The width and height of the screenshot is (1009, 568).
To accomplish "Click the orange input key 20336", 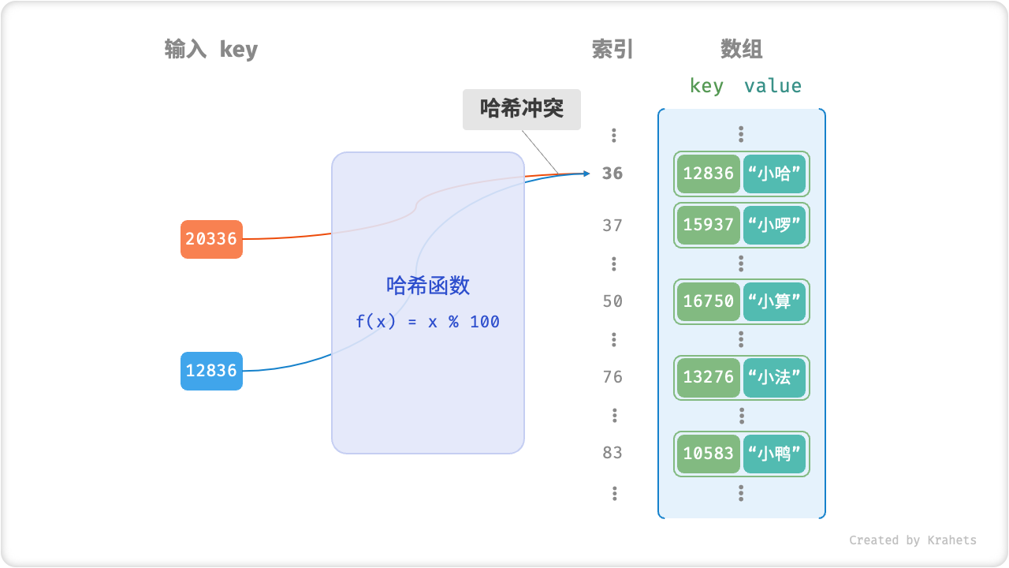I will [211, 239].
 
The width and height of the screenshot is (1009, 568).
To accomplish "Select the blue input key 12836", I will [211, 371].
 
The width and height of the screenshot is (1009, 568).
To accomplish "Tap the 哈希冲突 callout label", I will [522, 109].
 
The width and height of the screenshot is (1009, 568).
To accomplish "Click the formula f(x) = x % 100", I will [427, 322].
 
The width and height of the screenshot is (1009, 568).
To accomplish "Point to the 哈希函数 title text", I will [428, 286].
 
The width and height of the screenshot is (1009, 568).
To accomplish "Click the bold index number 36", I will [612, 174].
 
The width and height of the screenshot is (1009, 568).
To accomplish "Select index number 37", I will [612, 226].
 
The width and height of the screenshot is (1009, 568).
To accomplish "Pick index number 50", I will [612, 301].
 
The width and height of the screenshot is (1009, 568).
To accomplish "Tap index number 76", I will [612, 377].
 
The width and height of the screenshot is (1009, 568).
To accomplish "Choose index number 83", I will [612, 453].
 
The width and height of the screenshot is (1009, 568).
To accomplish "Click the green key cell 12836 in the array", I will [708, 174].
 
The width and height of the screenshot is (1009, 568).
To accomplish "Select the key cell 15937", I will [708, 226].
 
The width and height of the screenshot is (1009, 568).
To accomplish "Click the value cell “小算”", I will [774, 301].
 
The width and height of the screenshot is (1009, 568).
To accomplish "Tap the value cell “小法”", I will [774, 377].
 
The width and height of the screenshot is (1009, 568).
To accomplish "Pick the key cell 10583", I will [708, 454].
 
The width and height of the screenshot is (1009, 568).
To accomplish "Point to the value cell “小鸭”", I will [774, 454].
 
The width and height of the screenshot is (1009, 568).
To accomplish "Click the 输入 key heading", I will [211, 50].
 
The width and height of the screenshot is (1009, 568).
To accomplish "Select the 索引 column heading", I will [612, 50].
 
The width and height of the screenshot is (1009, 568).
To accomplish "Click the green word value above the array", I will [773, 86].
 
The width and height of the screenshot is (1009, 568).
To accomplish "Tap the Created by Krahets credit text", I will [912, 540].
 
